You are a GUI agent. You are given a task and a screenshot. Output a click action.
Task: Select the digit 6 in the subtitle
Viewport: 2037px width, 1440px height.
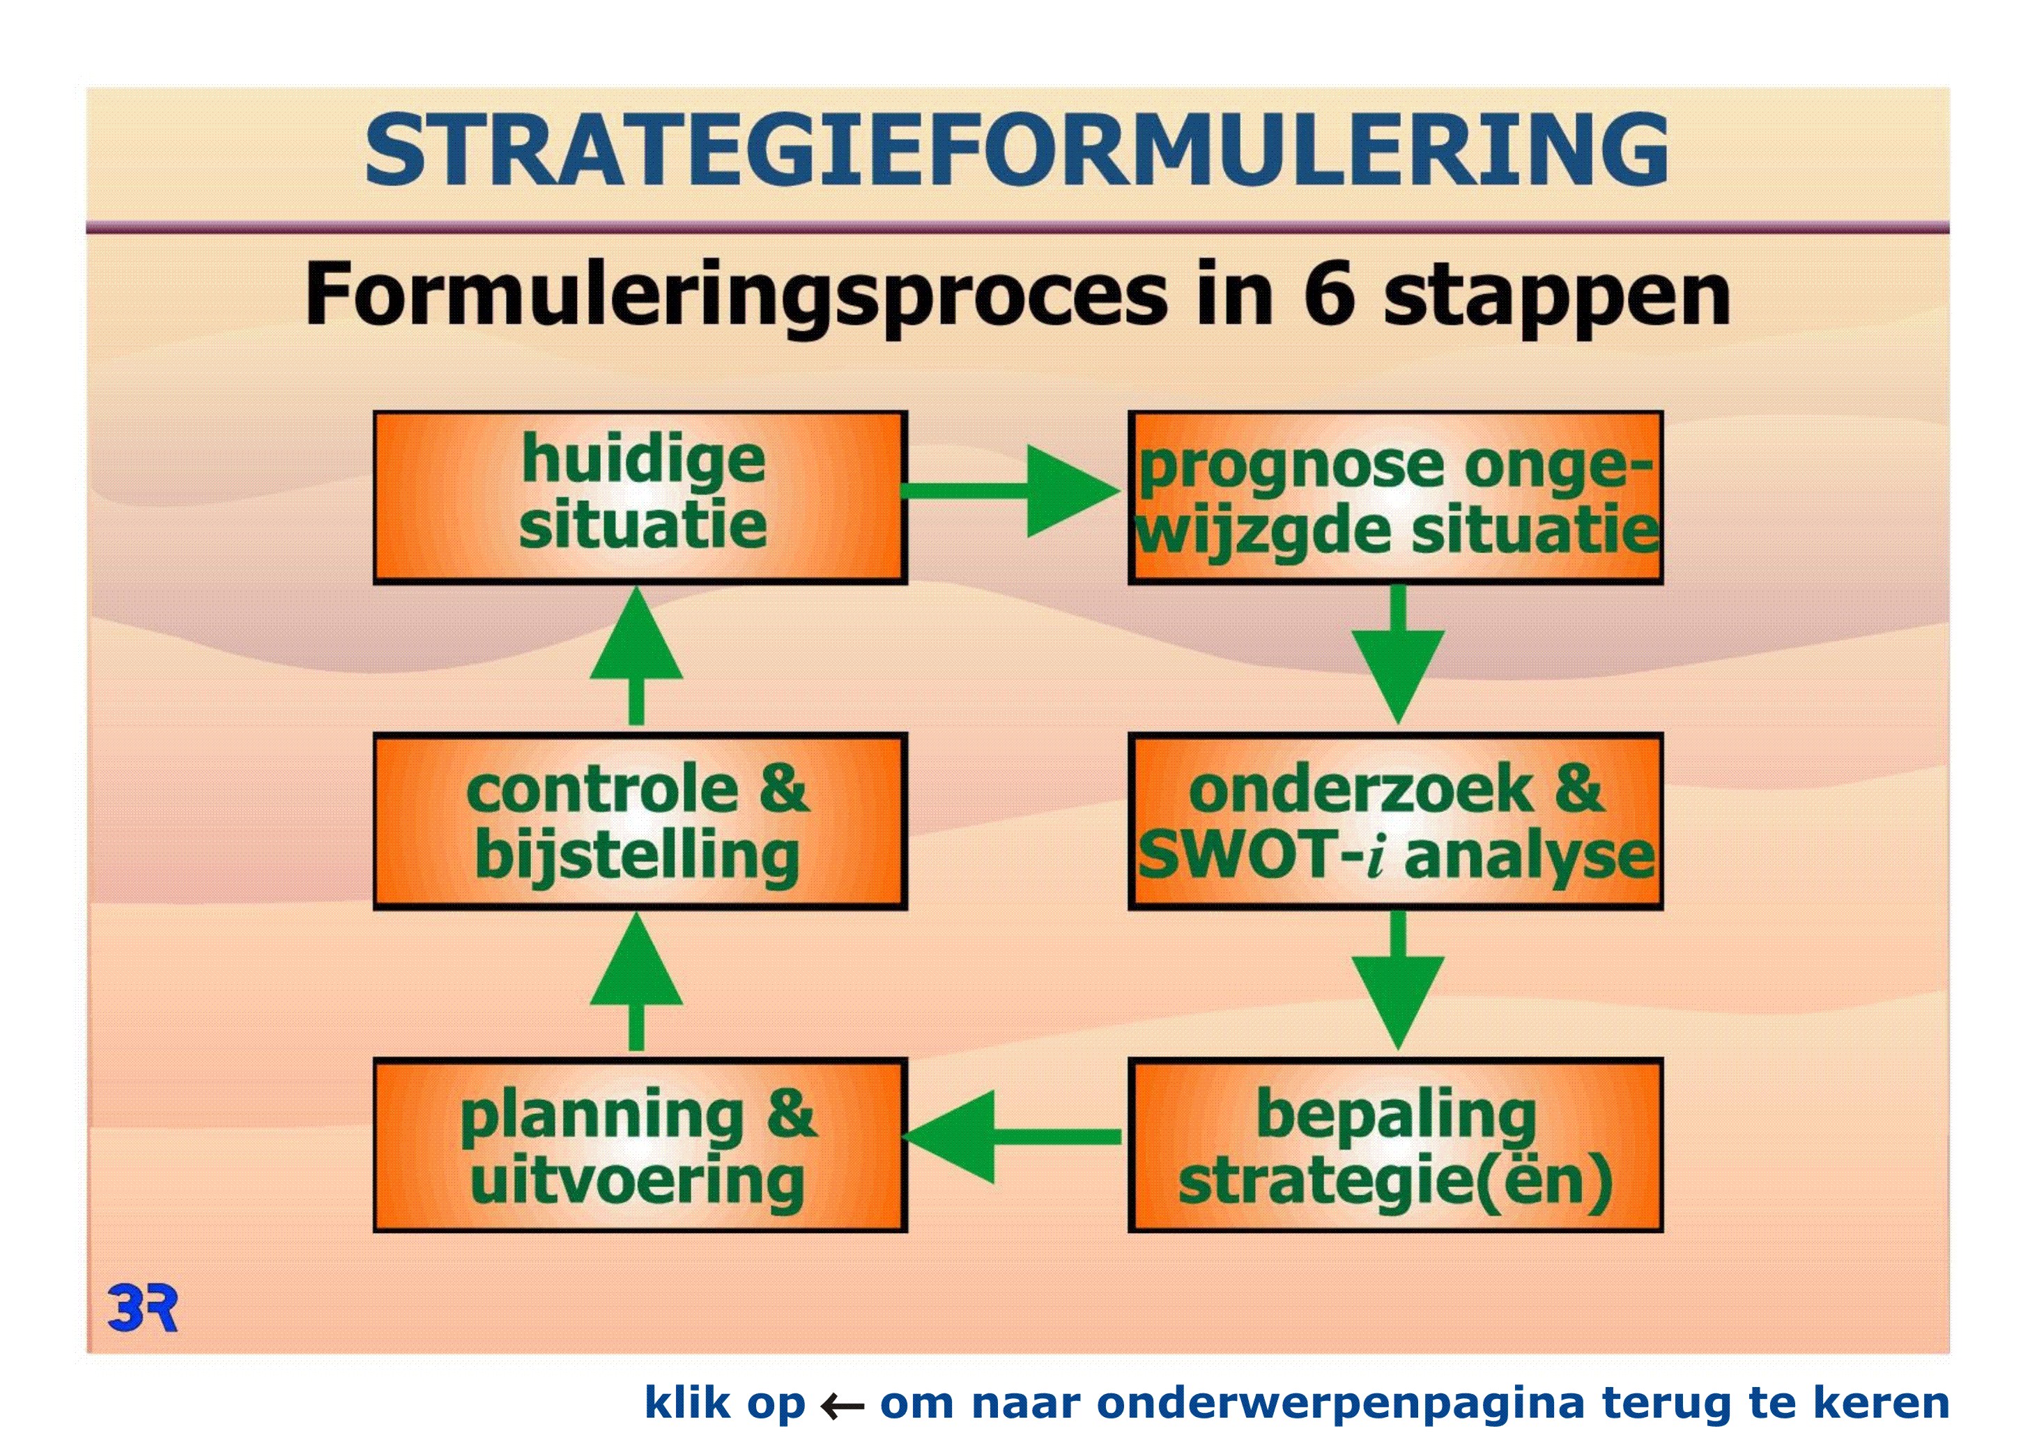tap(1329, 293)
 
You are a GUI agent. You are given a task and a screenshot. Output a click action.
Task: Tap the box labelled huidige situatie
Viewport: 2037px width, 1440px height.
tap(640, 497)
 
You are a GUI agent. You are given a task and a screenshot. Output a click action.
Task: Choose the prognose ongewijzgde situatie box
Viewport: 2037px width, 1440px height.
tap(1396, 497)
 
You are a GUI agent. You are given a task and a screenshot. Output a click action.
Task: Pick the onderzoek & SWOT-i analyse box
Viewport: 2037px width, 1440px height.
tap(1396, 821)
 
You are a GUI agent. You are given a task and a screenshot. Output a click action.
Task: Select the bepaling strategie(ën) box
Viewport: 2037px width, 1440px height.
tap(1396, 1145)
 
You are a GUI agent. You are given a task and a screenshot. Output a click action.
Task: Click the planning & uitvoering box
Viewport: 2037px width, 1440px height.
tap(640, 1145)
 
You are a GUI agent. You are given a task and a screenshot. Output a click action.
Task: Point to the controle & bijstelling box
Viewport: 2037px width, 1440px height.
tap(640, 821)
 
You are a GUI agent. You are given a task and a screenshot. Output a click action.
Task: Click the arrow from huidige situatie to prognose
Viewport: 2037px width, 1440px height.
tap(1011, 490)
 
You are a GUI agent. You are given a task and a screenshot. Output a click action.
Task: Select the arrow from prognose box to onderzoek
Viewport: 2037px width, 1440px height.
tap(1398, 654)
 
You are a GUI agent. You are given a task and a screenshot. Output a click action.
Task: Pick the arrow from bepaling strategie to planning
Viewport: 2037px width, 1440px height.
tap(1011, 1137)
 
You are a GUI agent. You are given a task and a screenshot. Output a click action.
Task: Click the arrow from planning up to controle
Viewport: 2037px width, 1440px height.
tap(636, 982)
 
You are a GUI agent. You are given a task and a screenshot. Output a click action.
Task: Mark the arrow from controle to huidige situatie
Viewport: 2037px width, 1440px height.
tap(636, 656)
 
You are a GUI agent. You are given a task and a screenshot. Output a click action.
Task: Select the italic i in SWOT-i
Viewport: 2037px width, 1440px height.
tap(1375, 858)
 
